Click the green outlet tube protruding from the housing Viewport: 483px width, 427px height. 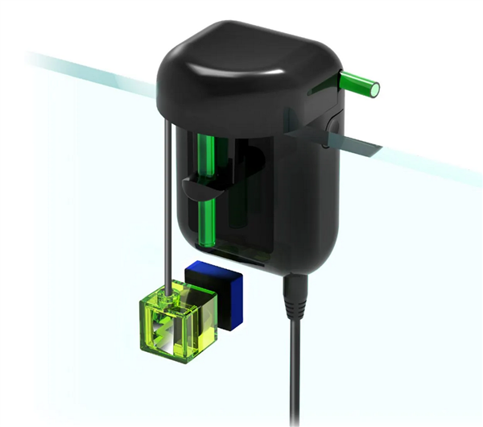[x=359, y=81]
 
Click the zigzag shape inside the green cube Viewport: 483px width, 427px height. [x=171, y=331]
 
